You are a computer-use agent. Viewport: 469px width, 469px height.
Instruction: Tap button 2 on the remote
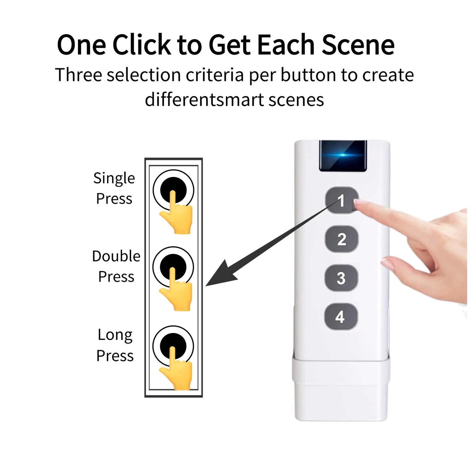pyautogui.click(x=341, y=240)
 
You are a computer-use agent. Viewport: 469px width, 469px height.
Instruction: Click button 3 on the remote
pyautogui.click(x=341, y=278)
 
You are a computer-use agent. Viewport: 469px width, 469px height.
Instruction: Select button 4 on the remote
pyautogui.click(x=341, y=317)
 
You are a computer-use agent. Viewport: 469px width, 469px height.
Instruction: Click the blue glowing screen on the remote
pyautogui.click(x=343, y=155)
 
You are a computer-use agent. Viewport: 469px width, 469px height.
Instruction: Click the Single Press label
pyautogui.click(x=114, y=188)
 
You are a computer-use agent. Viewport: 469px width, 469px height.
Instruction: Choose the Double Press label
pyautogui.click(x=116, y=266)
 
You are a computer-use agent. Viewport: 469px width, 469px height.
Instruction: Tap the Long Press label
pyautogui.click(x=115, y=345)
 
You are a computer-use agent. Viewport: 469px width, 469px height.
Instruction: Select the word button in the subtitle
pyautogui.click(x=308, y=75)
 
